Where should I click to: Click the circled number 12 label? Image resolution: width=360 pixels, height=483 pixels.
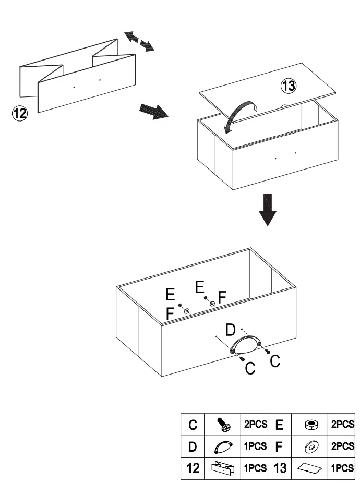[19, 113]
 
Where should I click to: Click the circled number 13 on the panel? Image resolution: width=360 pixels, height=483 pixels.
[288, 86]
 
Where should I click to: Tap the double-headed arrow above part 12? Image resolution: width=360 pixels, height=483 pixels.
[139, 41]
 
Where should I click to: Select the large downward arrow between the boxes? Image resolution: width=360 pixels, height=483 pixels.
[268, 210]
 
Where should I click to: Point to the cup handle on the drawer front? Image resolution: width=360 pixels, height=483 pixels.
[245, 345]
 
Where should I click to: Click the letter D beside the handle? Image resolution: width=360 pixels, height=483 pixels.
[230, 330]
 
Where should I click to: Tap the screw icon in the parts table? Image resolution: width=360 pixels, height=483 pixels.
[223, 425]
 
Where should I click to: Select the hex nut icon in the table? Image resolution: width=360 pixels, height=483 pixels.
[311, 425]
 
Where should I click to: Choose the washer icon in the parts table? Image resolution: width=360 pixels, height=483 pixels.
[311, 446]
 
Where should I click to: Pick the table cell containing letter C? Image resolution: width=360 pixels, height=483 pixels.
[193, 425]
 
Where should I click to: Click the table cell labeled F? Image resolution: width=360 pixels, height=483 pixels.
[280, 446]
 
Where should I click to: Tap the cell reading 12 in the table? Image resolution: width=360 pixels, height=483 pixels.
[193, 468]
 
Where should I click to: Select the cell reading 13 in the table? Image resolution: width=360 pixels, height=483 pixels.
[280, 468]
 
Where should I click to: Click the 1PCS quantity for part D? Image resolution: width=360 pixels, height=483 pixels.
[255, 446]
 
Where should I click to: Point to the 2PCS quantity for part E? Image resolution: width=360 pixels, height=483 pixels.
[342, 424]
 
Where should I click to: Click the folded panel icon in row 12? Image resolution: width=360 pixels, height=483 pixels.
[223, 467]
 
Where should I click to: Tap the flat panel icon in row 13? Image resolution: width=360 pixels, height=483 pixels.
[310, 468]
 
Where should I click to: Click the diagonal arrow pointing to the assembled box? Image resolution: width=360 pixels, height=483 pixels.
[154, 112]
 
